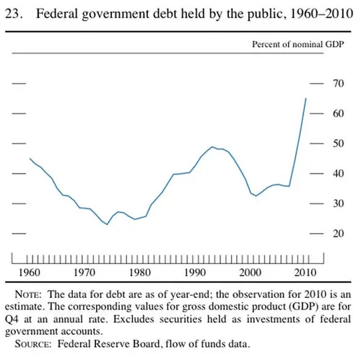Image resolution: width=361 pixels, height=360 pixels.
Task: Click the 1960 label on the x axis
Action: coord(30,273)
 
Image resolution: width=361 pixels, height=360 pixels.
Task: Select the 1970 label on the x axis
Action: coord(85,273)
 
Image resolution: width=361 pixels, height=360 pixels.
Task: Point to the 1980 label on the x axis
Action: coord(140,273)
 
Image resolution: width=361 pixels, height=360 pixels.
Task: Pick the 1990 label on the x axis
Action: coord(196,273)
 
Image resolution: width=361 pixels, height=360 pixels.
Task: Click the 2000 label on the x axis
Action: coord(251,273)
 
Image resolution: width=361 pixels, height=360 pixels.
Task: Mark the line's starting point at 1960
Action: coord(30,159)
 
